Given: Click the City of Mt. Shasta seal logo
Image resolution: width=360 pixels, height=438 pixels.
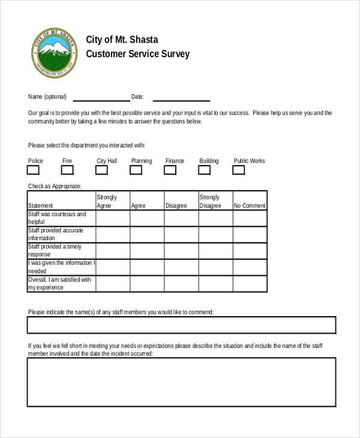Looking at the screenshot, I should coord(54,52).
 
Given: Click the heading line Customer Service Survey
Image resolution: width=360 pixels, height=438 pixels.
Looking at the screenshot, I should coord(137,54).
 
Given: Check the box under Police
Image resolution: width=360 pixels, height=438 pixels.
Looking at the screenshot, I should coord(34,170).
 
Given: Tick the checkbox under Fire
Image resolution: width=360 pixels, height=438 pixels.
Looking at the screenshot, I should coord(67,170).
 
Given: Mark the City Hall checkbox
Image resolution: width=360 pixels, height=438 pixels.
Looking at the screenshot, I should coord(102,170).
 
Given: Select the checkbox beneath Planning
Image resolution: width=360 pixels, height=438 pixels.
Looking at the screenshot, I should coord(136,170).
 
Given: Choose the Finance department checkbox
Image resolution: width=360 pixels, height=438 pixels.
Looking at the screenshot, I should coord(170,170).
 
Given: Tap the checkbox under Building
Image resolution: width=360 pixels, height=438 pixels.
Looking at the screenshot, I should coord(205,170).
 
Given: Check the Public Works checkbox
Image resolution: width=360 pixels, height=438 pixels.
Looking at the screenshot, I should coord(239,170).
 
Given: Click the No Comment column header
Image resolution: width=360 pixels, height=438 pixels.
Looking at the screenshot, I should coord(250,205).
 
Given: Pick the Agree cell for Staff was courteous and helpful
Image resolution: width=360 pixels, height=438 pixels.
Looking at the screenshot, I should coord(147,218).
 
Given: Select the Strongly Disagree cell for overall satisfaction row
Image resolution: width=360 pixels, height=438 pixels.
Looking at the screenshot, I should coord(215,283).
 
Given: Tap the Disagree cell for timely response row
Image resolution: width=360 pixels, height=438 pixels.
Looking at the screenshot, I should coord(181,250).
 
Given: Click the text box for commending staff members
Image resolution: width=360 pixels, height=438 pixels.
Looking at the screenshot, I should coord(181,325).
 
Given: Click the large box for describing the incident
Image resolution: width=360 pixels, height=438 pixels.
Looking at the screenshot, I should coord(181,382).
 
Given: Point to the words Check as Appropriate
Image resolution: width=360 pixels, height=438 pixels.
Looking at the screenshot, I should coord(55,186).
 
